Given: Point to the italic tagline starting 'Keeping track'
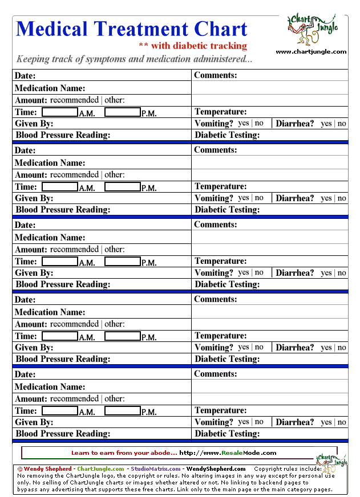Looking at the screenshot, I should tap(134, 59).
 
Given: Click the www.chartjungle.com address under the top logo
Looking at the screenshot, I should tap(311, 52).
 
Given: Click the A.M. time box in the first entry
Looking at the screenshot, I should tap(60, 112).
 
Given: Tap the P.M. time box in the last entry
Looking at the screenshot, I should tap(122, 411).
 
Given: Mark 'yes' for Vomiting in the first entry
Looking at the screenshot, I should tap(244, 123).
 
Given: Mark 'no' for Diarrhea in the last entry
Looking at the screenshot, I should tap(342, 422).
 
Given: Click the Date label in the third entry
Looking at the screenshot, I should tap(25, 225).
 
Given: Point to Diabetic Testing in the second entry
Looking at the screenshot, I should tap(227, 210).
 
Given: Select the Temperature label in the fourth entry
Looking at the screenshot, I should tap(221, 336).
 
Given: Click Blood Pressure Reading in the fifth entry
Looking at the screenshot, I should tap(63, 434).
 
